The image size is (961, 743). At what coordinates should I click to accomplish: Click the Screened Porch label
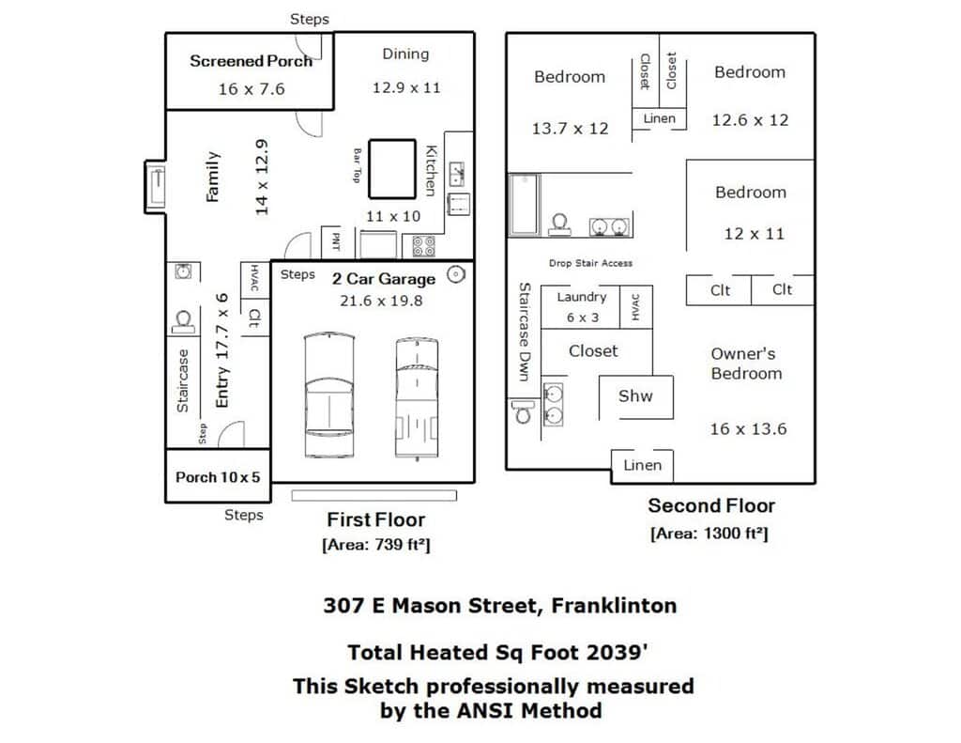tap(252, 61)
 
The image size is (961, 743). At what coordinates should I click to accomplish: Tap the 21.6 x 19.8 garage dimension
tap(381, 301)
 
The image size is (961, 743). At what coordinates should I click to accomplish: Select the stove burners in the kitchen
tap(423, 245)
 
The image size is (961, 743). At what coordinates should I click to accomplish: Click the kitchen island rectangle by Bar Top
tap(392, 169)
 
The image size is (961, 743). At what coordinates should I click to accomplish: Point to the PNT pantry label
tap(336, 241)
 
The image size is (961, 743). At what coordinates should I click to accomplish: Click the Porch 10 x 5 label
tap(218, 477)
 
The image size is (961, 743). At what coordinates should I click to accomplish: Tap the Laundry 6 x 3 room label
tap(582, 307)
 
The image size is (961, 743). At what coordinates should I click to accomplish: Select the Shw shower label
tap(635, 395)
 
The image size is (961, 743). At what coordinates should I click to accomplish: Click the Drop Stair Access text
tap(591, 263)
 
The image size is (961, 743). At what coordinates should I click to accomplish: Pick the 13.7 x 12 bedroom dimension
tap(570, 129)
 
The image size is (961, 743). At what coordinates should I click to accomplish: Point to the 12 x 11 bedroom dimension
tap(754, 234)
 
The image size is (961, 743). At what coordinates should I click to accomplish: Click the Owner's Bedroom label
tap(746, 364)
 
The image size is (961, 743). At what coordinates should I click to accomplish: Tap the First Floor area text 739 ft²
tap(376, 545)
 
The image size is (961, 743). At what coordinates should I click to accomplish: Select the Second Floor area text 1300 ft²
tap(709, 534)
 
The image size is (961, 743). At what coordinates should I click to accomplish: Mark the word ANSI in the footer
tap(482, 710)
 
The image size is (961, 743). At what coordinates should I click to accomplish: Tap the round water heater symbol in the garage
tap(455, 274)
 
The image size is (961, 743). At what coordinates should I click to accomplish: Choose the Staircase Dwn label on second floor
tap(524, 332)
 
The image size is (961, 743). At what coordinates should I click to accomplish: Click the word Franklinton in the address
tap(614, 606)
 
